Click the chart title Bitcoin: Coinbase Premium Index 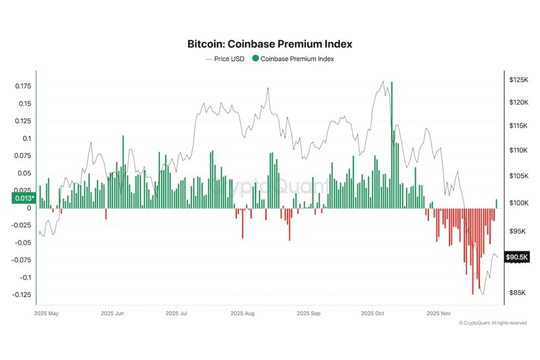click(269, 44)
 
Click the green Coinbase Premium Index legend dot click(255, 59)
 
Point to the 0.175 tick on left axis click(22, 86)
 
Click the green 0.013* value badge click(23, 198)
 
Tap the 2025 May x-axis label click(46, 314)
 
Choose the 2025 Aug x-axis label click(243, 314)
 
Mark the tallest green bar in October click(392, 142)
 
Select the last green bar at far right click(496, 203)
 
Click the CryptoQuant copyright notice click(493, 323)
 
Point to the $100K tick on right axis click(518, 203)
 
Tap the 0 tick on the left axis click(29, 208)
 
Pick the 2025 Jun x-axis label click(113, 314)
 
